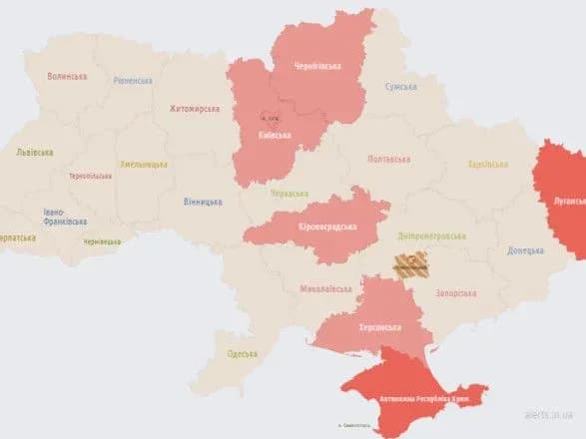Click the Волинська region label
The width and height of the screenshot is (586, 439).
68,76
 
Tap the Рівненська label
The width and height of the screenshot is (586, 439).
133,81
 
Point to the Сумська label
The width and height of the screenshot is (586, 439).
401,87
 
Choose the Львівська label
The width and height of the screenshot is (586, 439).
35,153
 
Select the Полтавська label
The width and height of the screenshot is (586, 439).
388,159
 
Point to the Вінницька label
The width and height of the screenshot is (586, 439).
203,202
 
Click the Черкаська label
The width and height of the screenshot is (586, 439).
290,193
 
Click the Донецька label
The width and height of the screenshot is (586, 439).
525,250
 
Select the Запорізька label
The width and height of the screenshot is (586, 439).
457,293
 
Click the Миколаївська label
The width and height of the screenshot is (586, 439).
325,289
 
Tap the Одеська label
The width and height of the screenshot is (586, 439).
243,353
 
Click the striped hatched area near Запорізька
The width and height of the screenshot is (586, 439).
409,264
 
